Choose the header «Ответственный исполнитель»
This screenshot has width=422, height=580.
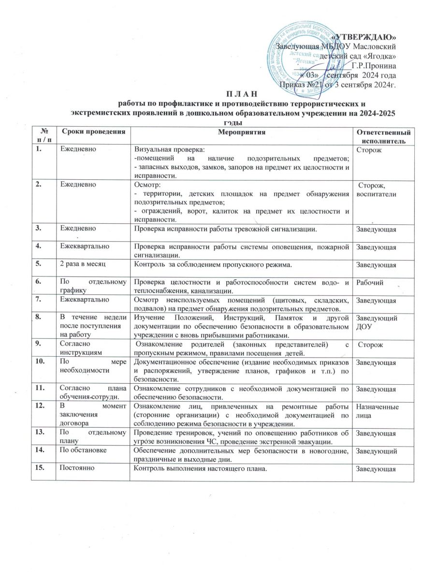tap(384, 136)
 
